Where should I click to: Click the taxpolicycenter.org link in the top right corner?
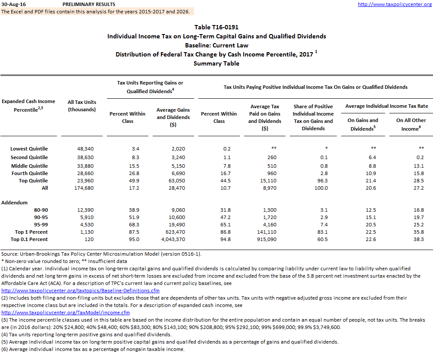[395, 4]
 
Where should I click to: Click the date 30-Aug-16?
[13, 4]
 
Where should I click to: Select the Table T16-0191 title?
[216, 27]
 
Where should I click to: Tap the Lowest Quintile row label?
[29, 149]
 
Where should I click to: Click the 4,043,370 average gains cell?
[173, 239]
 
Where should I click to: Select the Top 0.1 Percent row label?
[29, 239]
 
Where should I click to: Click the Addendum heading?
[14, 202]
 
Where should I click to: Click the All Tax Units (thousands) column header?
[82, 106]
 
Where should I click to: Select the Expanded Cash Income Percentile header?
[28, 106]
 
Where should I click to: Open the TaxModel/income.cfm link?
[66, 313]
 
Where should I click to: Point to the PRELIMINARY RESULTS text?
[88, 4]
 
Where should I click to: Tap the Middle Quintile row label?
[29, 166]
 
